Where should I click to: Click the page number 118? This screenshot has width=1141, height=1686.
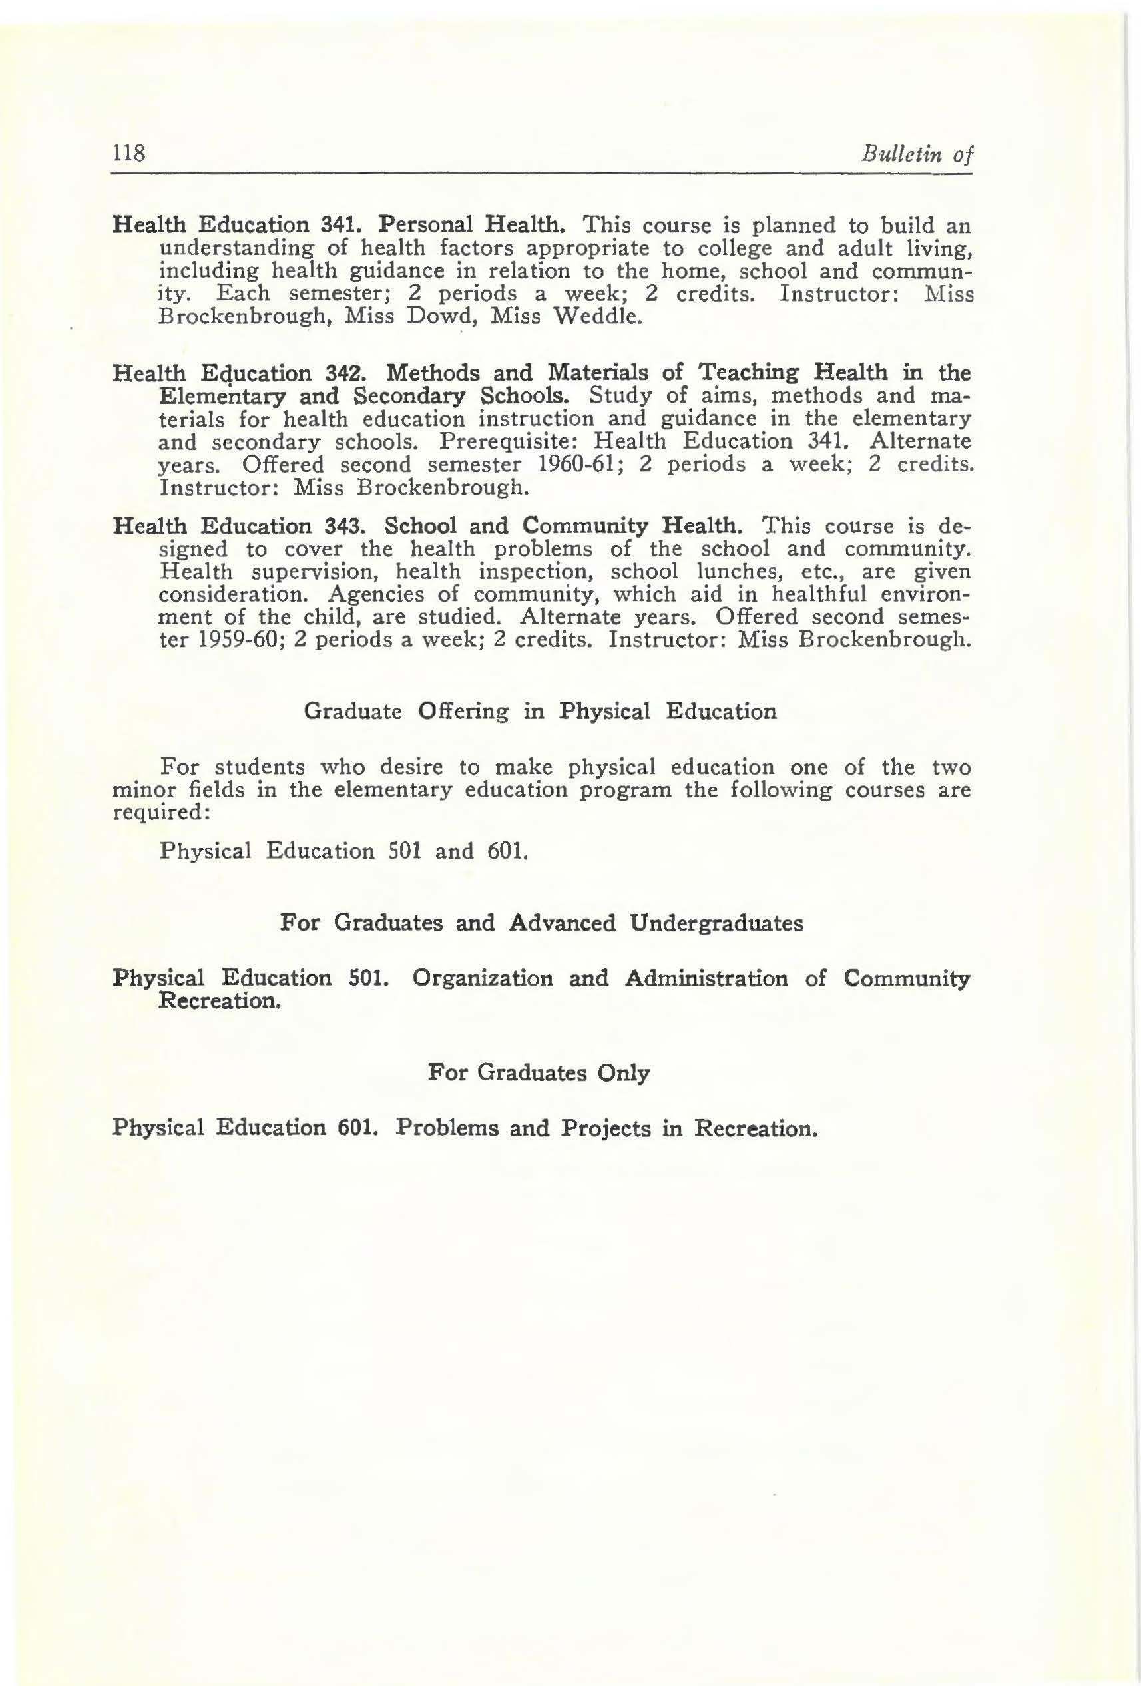pyautogui.click(x=129, y=154)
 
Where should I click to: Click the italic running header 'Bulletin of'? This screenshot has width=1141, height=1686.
pyautogui.click(x=915, y=154)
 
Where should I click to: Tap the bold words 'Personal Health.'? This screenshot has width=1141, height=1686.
pyautogui.click(x=474, y=225)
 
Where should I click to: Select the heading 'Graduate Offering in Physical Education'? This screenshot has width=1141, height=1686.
pyautogui.click(x=540, y=712)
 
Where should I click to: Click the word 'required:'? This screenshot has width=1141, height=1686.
pyautogui.click(x=162, y=813)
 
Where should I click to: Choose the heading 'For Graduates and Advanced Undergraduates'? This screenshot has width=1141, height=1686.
pyautogui.click(x=541, y=923)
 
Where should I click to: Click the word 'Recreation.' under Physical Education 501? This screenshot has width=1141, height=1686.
pyautogui.click(x=219, y=1002)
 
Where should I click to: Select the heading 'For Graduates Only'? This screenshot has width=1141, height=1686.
pyautogui.click(x=539, y=1073)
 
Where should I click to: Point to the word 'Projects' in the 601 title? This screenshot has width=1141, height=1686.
pyautogui.click(x=606, y=1129)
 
